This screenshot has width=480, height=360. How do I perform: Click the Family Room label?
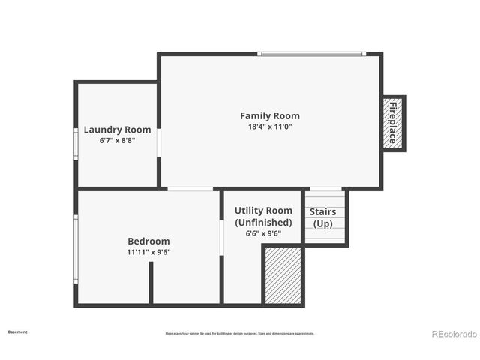(x=269, y=115)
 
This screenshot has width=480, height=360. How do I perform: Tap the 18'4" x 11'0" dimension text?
(x=269, y=127)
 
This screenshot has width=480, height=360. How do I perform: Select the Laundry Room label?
(x=117, y=129)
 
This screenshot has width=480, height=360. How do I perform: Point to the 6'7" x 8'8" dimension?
(x=117, y=140)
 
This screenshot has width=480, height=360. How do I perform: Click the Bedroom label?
(x=148, y=241)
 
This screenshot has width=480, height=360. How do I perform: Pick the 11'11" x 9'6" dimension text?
(x=148, y=252)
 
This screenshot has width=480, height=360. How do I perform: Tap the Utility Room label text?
(x=263, y=211)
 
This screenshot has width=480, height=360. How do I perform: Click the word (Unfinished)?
(x=263, y=223)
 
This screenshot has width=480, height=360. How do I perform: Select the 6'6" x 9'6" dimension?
(x=263, y=233)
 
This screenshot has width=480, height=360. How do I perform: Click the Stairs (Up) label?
(x=323, y=217)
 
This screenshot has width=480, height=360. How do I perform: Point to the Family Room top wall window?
(x=311, y=54)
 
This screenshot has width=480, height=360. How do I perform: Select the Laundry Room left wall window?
(x=76, y=142)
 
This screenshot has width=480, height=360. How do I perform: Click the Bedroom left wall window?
(x=76, y=249)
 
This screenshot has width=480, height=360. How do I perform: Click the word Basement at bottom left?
(x=18, y=331)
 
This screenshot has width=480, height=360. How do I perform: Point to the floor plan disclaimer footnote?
(x=240, y=334)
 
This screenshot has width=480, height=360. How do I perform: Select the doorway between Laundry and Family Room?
(x=158, y=143)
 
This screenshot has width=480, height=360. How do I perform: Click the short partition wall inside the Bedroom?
(x=151, y=283)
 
